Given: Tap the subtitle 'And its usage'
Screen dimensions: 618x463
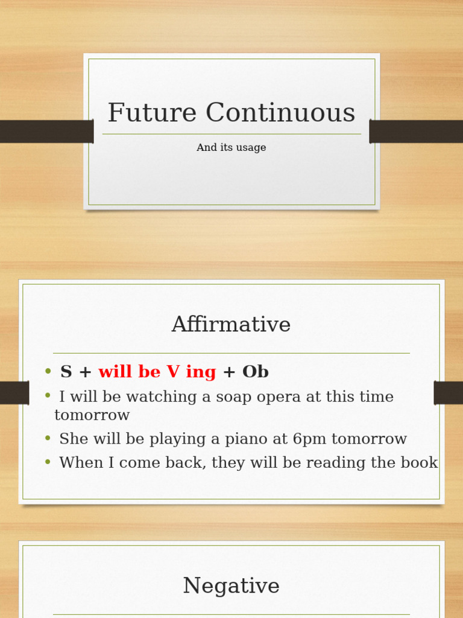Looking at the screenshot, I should coord(231,148).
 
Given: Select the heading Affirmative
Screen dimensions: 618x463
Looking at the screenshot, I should coord(231,325).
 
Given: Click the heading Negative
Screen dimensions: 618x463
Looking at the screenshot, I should coord(231,586).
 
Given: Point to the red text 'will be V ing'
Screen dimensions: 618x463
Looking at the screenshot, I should coord(157,372).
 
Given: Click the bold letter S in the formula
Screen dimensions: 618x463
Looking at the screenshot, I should coord(66,372).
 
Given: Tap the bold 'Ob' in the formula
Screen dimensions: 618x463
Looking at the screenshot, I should coord(255,372).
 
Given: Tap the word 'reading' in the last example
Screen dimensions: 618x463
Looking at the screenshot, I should coord(356,463).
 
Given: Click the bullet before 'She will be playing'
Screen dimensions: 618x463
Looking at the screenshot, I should coord(48,438).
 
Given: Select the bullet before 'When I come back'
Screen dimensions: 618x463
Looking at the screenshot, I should coord(48,462).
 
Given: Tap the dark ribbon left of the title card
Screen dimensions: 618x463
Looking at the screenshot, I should coord(46,131).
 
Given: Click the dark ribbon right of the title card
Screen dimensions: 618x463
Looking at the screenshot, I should coord(416,131).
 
